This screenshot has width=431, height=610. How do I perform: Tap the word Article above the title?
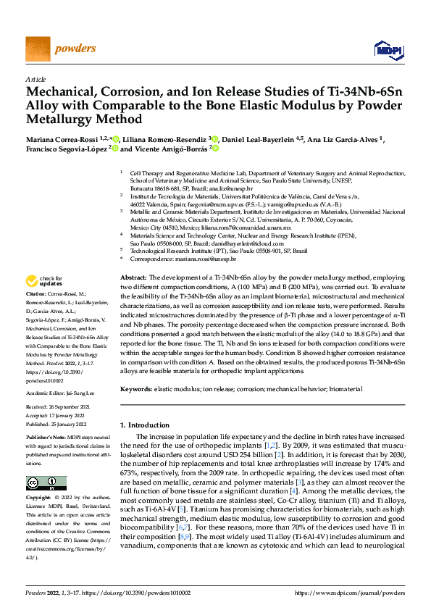35,79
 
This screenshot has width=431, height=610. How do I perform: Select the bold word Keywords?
135,389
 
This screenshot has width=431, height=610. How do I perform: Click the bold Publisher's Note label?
45,439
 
